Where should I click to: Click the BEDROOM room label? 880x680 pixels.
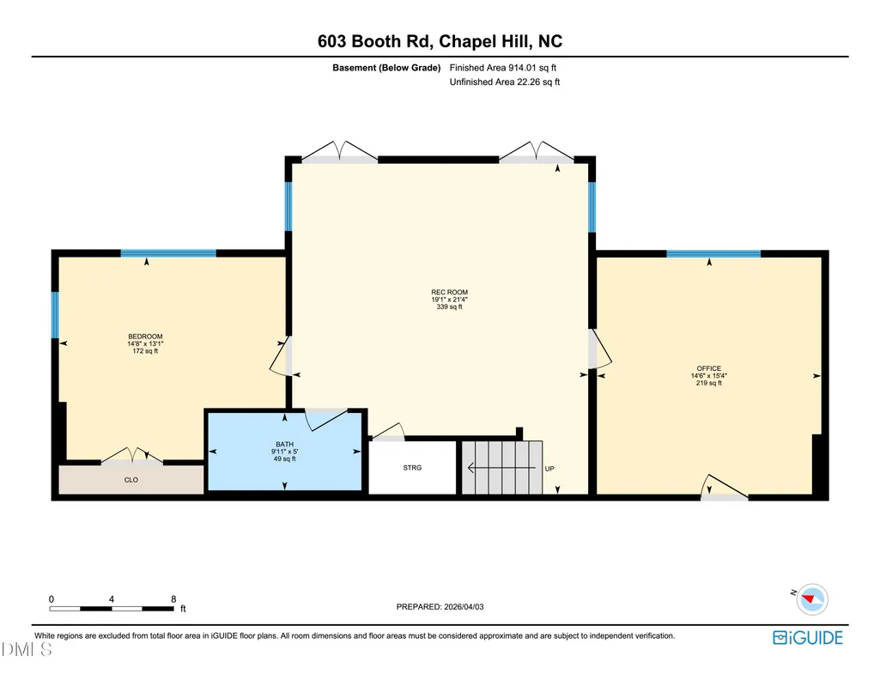pos(145,337)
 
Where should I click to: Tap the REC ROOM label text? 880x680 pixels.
pos(450,292)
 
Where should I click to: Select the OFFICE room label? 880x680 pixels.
pos(709,368)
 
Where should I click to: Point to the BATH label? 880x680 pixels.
pos(284,445)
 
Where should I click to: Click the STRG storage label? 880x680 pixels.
pos(412,467)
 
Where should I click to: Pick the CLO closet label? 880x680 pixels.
pos(131,480)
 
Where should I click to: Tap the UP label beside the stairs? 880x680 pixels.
pos(549,469)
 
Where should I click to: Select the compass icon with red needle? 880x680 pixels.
pos(812,599)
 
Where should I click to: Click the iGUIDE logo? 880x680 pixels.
pos(808,638)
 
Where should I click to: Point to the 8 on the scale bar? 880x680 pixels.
pos(173,598)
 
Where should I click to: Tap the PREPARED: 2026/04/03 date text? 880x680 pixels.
pos(440,606)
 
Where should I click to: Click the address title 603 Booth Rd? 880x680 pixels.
pos(373,41)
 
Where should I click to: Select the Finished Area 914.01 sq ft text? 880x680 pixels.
pos(503,68)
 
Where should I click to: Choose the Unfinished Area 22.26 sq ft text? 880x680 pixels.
pos(505,82)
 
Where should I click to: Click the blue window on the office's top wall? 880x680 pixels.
pos(713,253)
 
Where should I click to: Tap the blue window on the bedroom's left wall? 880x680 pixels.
pos(55,315)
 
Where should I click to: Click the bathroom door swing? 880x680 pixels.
pos(326,420)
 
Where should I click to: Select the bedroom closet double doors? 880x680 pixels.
pos(132,456)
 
